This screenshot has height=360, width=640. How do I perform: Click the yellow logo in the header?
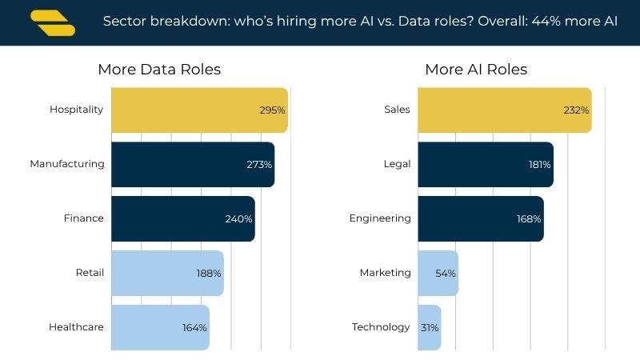coord(53,23)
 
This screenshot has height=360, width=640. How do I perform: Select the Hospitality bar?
coord(199,110)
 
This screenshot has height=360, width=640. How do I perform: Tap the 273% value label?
coord(259,165)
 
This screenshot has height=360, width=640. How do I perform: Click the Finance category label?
coord(84,218)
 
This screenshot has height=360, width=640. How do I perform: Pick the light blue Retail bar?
coord(167,273)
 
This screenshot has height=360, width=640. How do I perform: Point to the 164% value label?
coord(194,328)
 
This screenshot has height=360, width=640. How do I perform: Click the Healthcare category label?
coord(76,327)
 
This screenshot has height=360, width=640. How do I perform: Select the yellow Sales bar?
coord(505,110)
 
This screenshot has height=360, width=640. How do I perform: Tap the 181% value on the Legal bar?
coord(539,165)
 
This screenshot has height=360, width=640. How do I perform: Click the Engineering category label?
coord(380,218)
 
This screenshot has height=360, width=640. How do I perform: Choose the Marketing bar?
coord(438,273)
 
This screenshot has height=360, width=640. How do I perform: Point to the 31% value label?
coord(430,328)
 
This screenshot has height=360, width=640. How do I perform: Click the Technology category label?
coord(381,327)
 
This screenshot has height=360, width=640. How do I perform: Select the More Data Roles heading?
coord(159,70)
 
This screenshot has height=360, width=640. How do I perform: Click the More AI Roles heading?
coord(476,70)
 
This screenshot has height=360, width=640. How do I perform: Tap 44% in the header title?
coord(546,21)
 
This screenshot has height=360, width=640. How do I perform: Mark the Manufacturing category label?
coord(67,164)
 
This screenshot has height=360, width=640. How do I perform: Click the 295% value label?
coord(272,110)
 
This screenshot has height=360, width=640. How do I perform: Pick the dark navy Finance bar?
coord(183,218)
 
